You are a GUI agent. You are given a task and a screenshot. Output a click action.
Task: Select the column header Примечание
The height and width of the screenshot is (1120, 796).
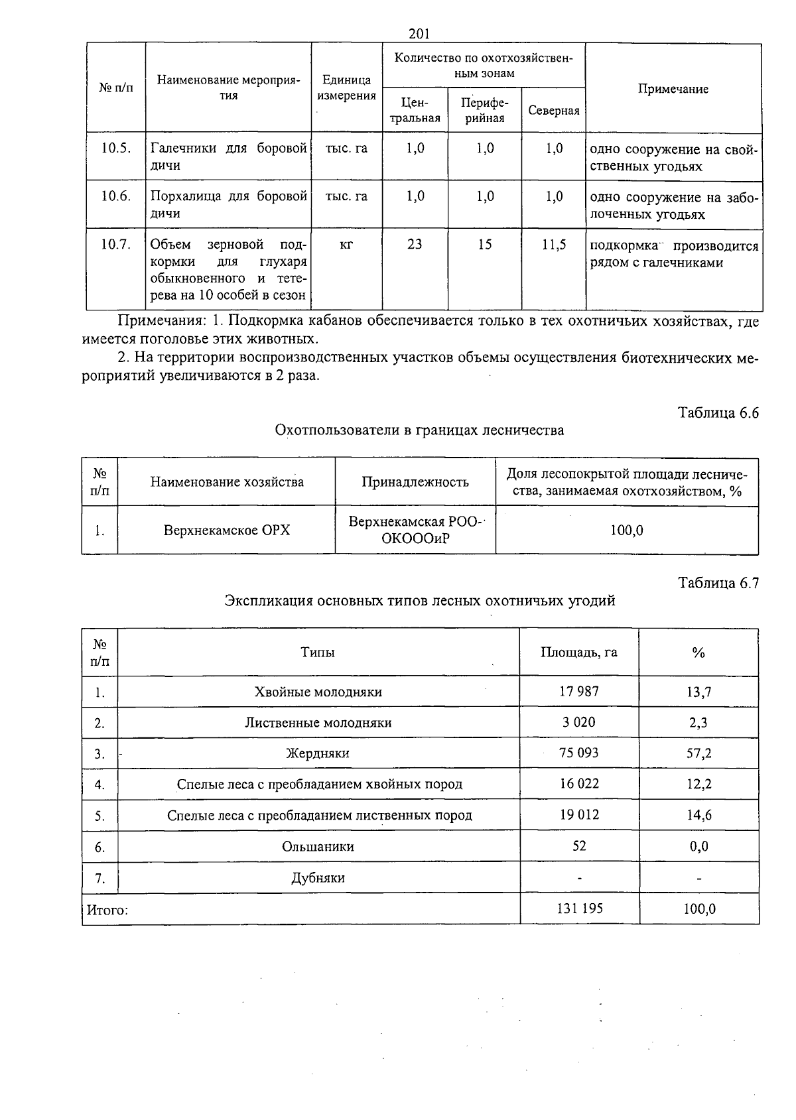point(673,89)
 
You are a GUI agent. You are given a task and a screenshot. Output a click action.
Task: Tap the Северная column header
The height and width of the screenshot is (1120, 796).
point(553,111)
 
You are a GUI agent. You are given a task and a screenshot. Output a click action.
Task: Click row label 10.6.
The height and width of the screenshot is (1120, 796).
point(115,196)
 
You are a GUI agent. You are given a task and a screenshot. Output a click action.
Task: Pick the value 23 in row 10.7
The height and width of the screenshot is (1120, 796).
point(415,245)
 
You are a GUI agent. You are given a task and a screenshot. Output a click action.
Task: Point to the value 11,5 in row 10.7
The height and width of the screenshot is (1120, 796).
point(553,245)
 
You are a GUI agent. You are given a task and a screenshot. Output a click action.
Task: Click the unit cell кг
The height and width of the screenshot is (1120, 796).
point(346,245)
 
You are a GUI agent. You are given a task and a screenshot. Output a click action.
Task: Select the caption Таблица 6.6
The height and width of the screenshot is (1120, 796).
point(718,412)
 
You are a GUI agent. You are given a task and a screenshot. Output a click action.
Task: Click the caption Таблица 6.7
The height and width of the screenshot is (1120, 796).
point(718,583)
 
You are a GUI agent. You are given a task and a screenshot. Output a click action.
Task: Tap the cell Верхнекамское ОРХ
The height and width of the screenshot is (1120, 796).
point(227,530)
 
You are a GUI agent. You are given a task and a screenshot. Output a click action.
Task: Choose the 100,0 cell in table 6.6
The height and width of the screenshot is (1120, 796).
point(626,530)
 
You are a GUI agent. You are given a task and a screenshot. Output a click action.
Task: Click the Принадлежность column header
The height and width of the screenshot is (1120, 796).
point(415,482)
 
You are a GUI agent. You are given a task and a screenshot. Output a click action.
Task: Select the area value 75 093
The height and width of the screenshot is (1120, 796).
point(578,753)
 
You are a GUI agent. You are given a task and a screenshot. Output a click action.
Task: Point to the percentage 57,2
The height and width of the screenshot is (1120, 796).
point(698,753)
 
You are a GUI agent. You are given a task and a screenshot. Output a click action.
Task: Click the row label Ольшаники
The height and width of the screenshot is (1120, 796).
point(318,847)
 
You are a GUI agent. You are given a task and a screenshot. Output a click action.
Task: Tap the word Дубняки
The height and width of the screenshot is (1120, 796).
point(318,878)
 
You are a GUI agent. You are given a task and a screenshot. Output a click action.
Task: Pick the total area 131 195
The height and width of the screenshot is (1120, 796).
point(579,908)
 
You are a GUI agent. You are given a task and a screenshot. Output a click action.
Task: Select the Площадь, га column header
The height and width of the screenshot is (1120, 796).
point(578,652)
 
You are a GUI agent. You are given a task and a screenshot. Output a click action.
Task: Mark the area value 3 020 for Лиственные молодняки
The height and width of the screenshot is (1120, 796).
point(578,722)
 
